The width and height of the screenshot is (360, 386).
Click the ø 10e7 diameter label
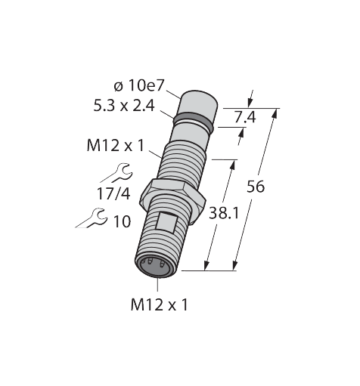(138, 86)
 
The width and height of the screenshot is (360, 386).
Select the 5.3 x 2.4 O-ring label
(124, 106)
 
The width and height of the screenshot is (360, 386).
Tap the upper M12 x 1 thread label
(115, 146)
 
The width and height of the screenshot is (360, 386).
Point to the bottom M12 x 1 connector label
(160, 305)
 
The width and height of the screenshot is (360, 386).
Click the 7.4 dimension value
(245, 117)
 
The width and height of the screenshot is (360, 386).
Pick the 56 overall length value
(256, 187)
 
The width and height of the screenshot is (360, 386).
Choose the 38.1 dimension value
(224, 214)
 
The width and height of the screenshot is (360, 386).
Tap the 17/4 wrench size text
(113, 194)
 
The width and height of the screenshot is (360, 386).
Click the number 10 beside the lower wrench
(123, 221)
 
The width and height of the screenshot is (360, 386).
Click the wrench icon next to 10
(92, 218)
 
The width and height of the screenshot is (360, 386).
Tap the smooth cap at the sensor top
(197, 105)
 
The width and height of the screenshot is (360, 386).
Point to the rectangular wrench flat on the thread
(167, 222)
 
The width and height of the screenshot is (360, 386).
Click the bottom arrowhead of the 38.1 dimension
(207, 265)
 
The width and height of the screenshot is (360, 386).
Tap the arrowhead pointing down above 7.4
(250, 103)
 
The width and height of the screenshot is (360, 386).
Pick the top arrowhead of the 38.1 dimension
(233, 165)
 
